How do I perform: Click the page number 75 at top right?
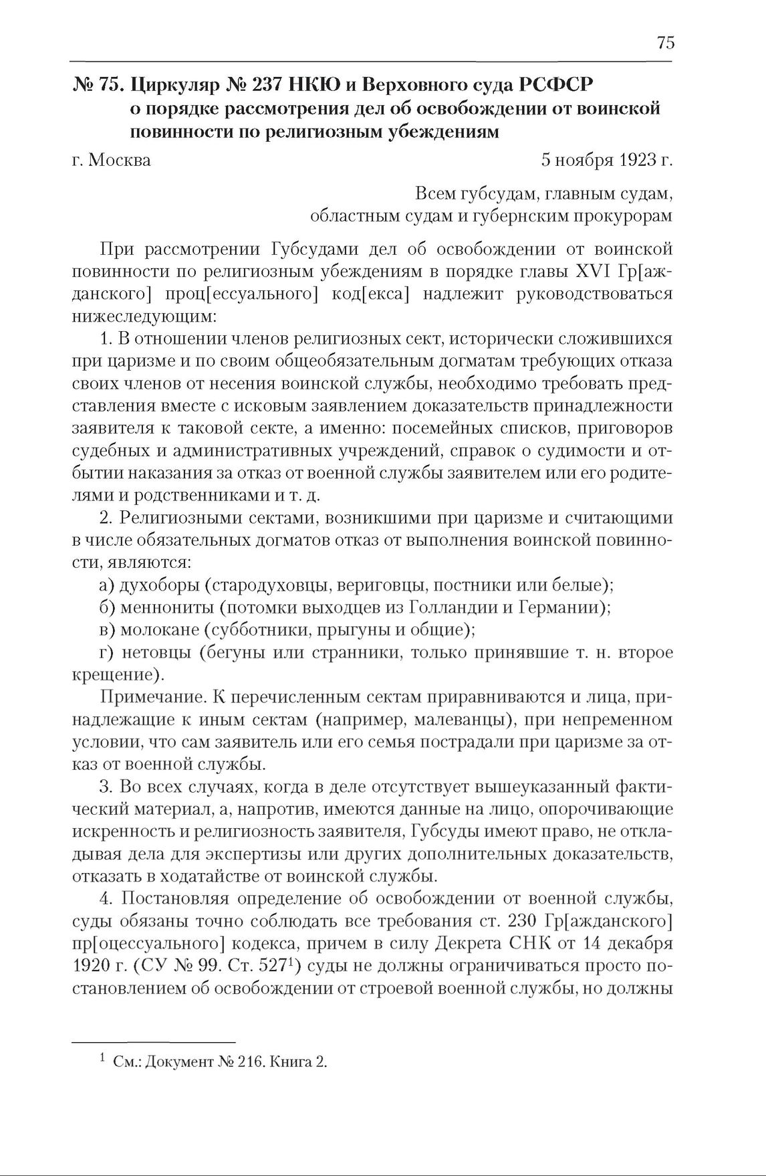pyautogui.click(x=666, y=43)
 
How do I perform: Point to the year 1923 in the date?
pyautogui.click(x=637, y=161)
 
